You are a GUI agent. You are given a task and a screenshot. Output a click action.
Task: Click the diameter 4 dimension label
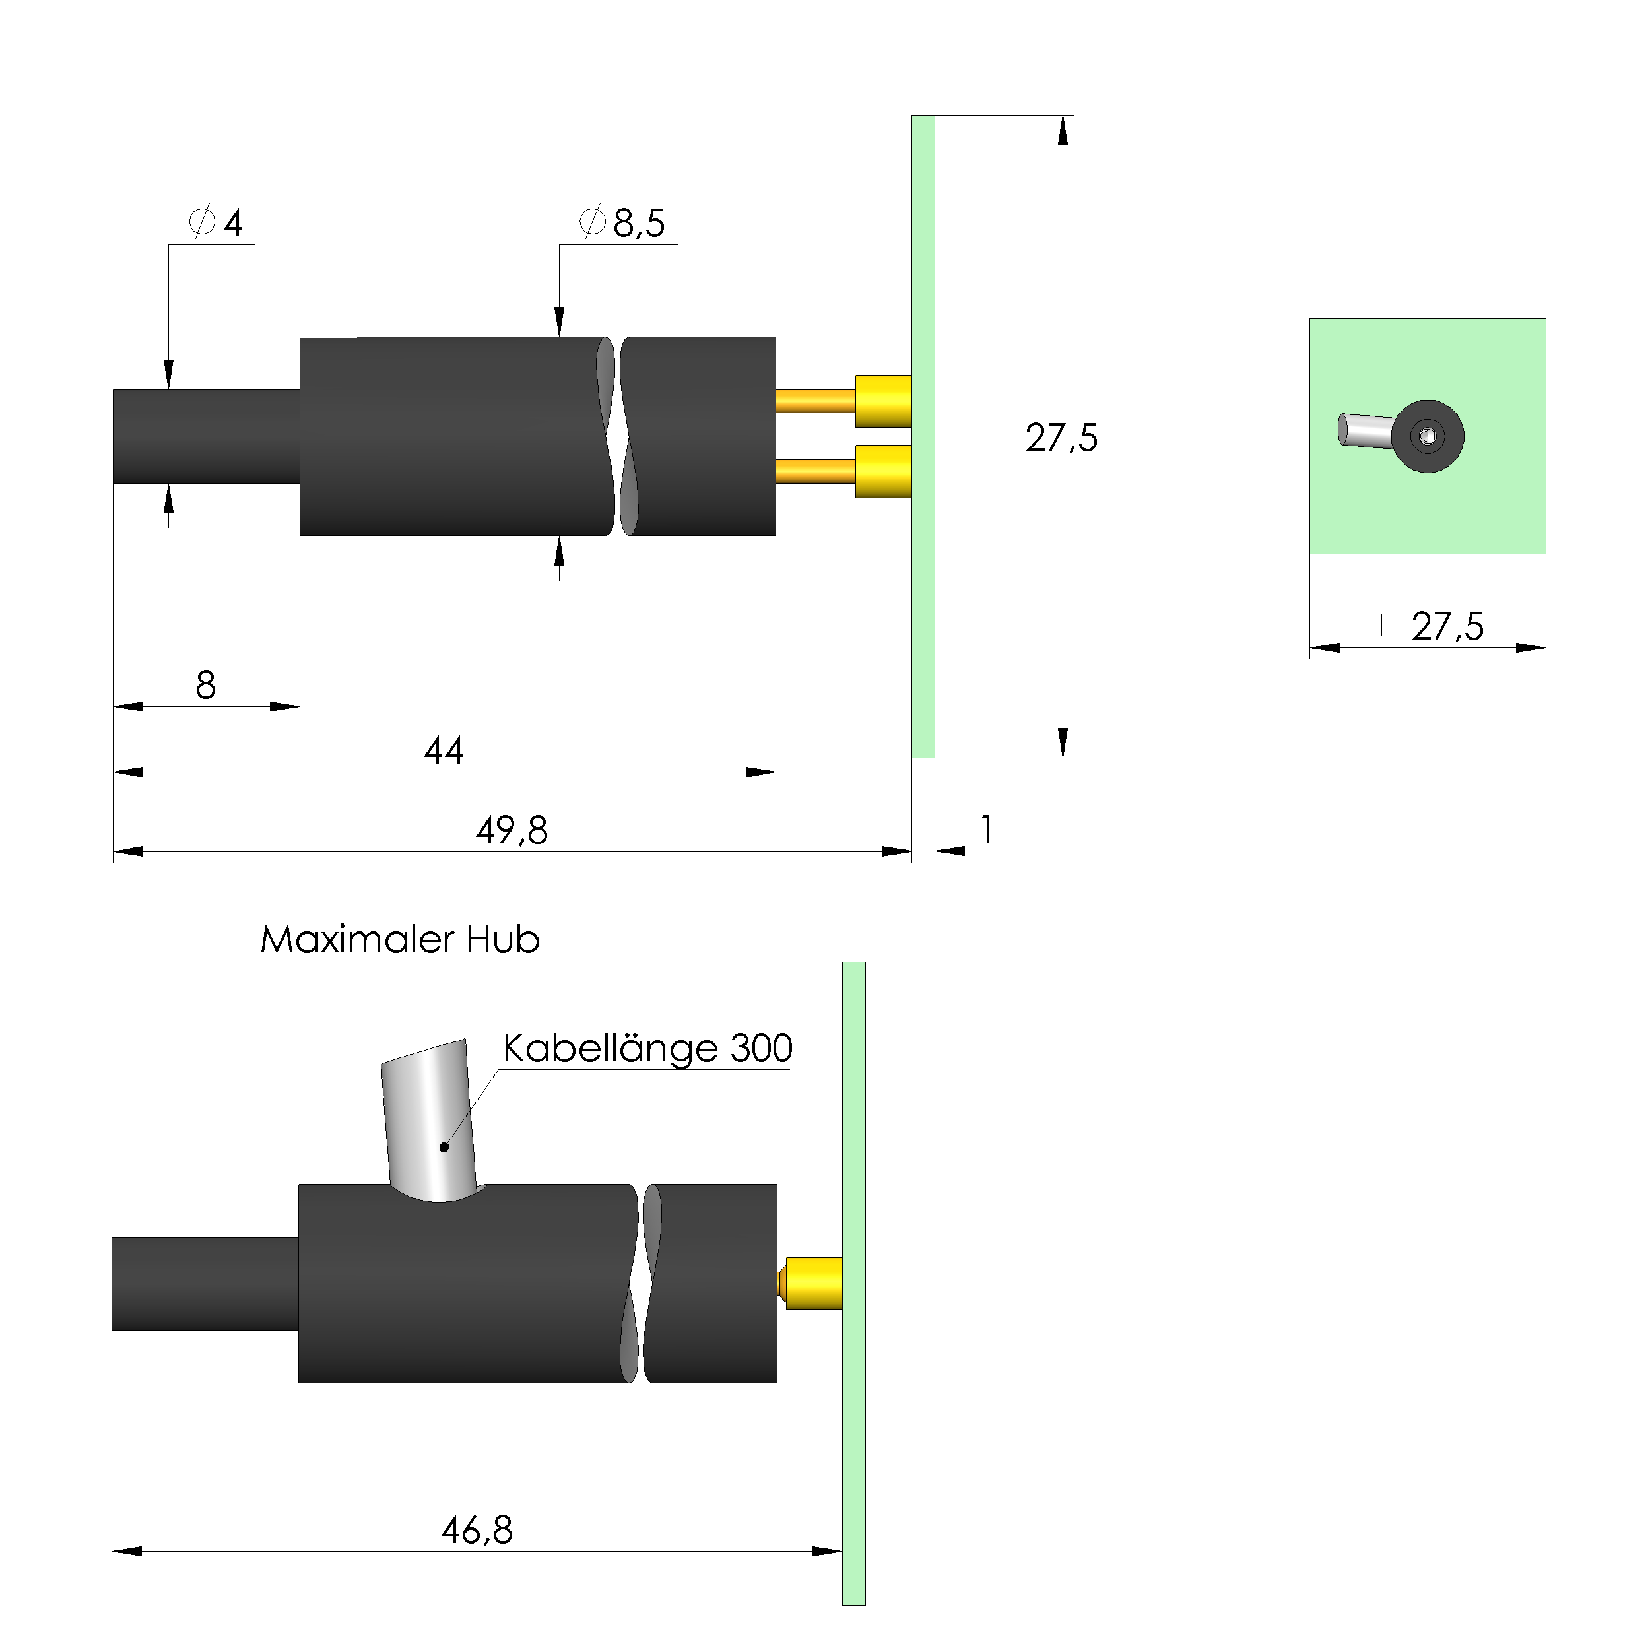[216, 223]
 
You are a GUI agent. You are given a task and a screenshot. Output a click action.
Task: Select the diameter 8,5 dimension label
[622, 223]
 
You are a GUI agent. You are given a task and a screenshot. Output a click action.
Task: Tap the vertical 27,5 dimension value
[1061, 438]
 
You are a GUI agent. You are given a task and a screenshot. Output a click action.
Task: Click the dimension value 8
[205, 685]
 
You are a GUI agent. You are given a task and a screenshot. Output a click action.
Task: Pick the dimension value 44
[444, 750]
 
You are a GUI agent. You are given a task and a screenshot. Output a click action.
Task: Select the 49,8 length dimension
[512, 830]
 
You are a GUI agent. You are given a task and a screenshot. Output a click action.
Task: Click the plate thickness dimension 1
[987, 830]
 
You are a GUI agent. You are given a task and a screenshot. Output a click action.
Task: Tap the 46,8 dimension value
[477, 1530]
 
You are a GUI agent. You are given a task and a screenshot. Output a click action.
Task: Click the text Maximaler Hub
[400, 940]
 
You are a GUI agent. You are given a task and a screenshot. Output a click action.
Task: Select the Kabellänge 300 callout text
[647, 1048]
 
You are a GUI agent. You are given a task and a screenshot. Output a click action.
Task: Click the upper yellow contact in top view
[883, 401]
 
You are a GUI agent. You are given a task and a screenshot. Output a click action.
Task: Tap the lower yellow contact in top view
[883, 471]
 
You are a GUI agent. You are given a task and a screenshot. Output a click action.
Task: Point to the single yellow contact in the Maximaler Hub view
[813, 1284]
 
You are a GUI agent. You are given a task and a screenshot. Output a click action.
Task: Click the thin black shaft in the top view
[206, 437]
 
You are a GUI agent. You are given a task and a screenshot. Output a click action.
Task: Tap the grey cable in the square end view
[1366, 430]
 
